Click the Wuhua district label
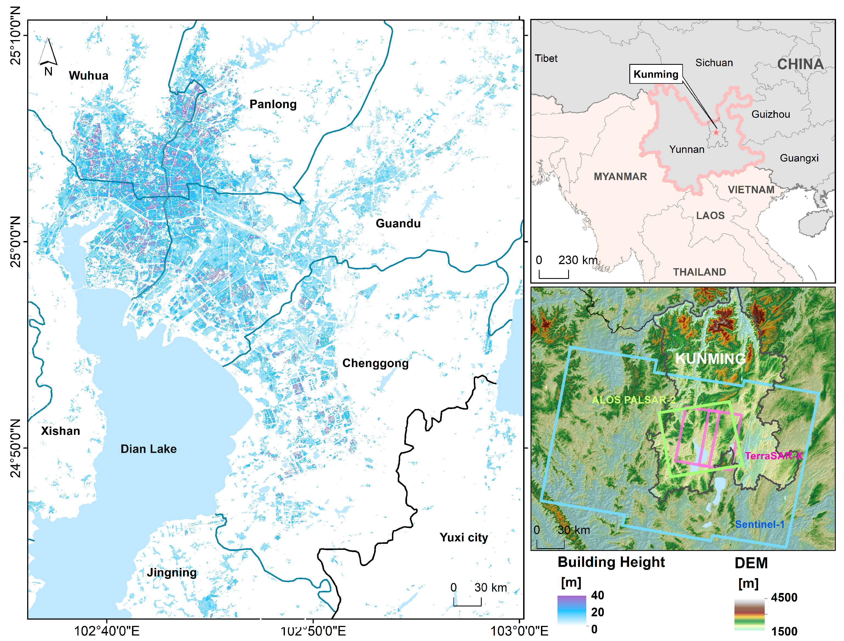coord(89,75)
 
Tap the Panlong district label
coord(273,104)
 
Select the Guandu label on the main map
coord(398,223)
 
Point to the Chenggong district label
coord(375,363)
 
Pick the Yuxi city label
coord(464,537)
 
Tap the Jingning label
coord(172,572)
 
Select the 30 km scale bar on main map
coord(467,602)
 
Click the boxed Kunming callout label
coord(656,74)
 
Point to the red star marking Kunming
coord(716,132)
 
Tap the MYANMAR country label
coord(620,177)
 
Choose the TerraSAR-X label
coord(773,456)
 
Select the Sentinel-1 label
coord(760,524)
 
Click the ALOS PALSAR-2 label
coord(633,400)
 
